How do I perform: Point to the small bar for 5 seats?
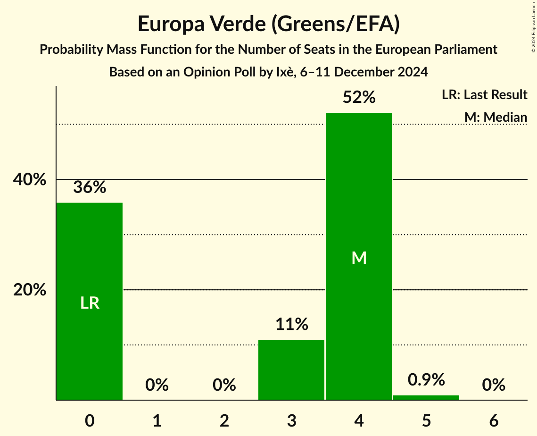pyautogui.click(x=426, y=397)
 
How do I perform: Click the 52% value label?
pyautogui.click(x=359, y=98)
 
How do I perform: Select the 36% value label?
pyautogui.click(x=90, y=188)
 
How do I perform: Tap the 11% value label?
pyautogui.click(x=291, y=325)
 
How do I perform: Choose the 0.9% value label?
pyautogui.click(x=426, y=380)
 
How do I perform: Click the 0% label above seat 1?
pyautogui.click(x=157, y=385)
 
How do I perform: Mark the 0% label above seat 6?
pyautogui.click(x=494, y=385)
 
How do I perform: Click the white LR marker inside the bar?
pyautogui.click(x=90, y=303)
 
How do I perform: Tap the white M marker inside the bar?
pyautogui.click(x=359, y=258)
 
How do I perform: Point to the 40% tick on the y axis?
pyautogui.click(x=29, y=180)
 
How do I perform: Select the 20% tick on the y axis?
pyautogui.click(x=29, y=290)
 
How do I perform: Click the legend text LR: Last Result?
pyautogui.click(x=484, y=95)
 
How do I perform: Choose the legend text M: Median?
pyautogui.click(x=496, y=117)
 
